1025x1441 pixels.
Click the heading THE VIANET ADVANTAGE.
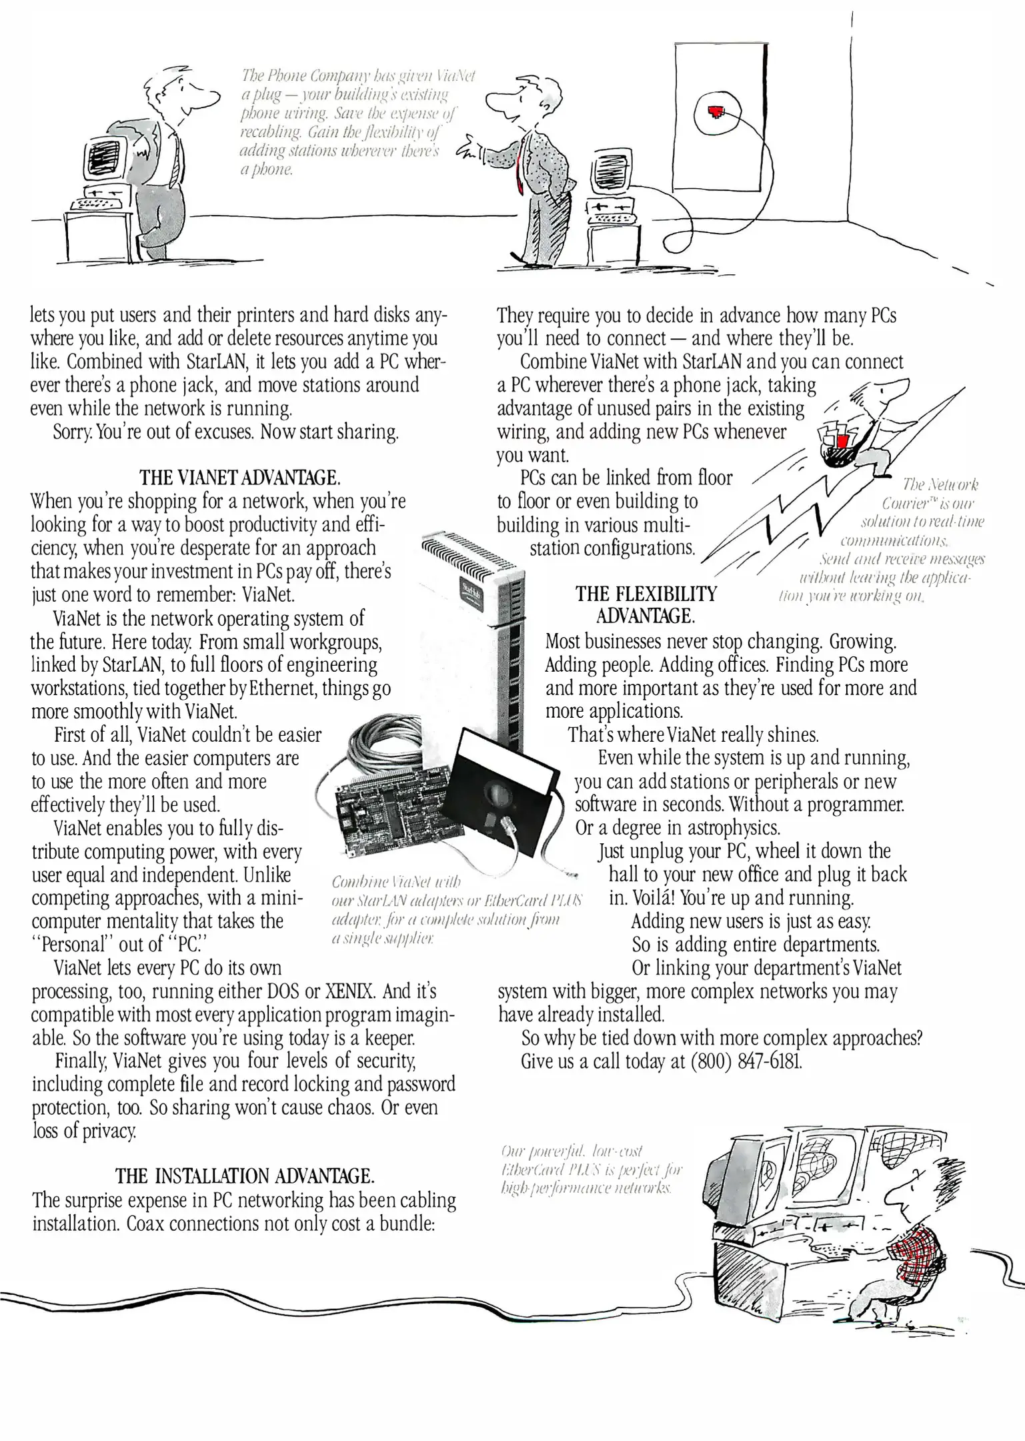(240, 478)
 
